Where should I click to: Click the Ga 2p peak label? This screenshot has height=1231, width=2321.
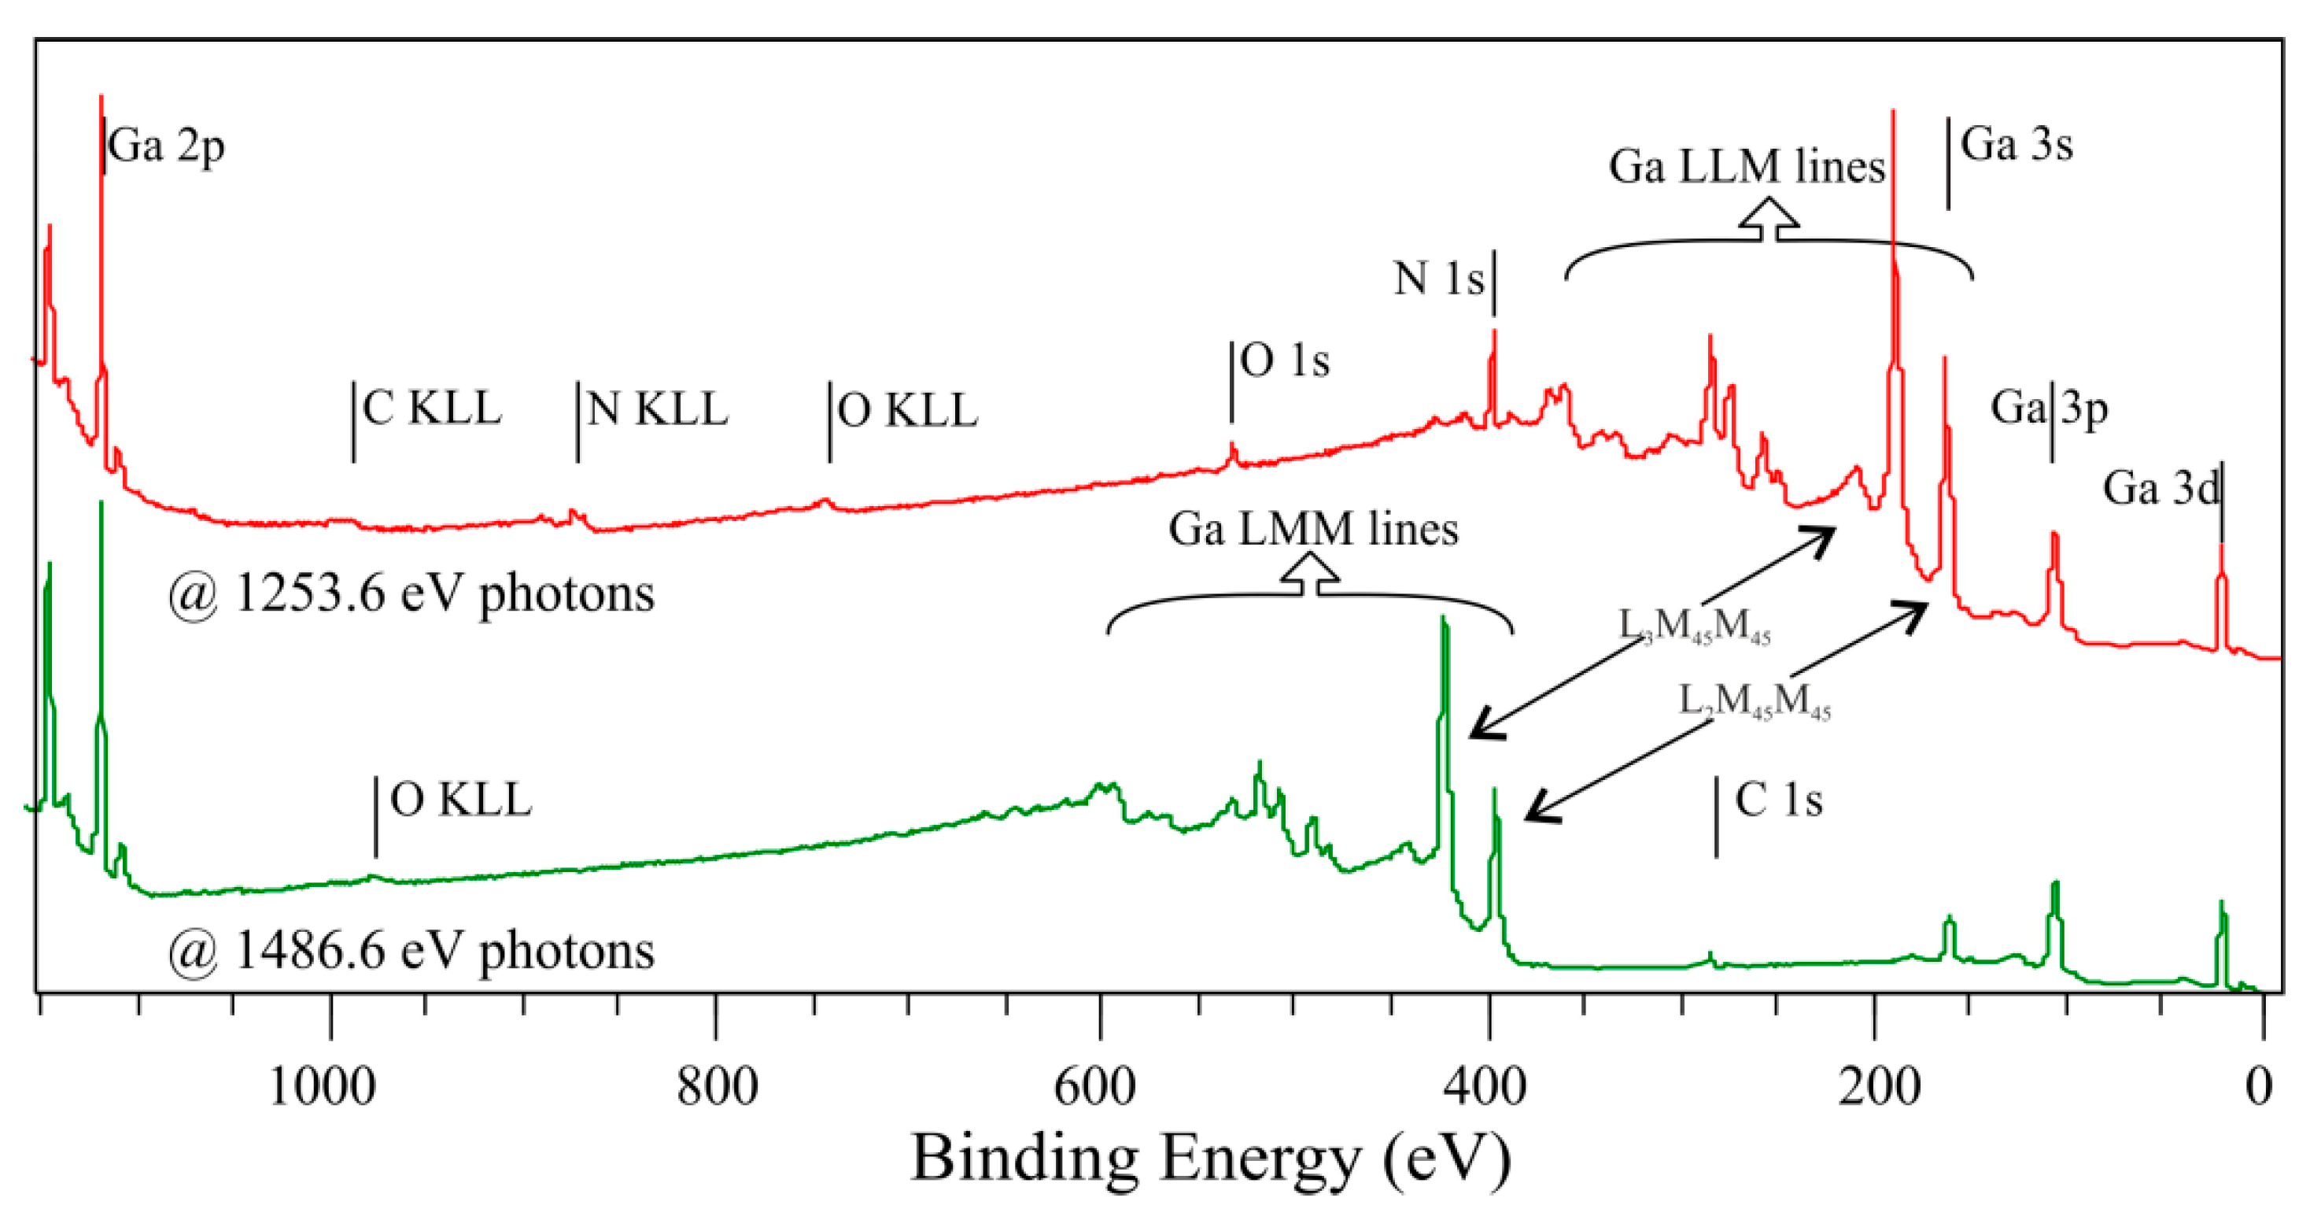166,145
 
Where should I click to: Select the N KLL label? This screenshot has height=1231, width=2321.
657,410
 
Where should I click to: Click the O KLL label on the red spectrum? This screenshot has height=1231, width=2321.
907,411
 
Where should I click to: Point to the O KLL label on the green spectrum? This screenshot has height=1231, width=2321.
460,800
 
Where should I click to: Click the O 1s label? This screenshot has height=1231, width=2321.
1284,361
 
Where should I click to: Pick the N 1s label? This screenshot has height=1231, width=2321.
1438,279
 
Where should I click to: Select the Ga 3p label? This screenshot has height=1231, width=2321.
2049,408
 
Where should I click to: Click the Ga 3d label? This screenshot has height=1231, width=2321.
2160,489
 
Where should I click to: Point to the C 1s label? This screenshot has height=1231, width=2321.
1777,800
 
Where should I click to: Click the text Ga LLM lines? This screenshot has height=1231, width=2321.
1746,167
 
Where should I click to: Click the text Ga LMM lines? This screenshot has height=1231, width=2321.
1313,529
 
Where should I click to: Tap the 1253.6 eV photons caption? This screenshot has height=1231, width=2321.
411,595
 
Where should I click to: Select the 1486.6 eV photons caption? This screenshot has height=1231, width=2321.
411,952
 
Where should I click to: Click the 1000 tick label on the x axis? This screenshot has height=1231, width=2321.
322,1086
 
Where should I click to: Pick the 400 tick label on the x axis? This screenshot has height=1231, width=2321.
1484,1086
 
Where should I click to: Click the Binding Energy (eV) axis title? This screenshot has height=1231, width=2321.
1210,1158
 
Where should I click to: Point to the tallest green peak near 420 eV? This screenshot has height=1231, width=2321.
1444,622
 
